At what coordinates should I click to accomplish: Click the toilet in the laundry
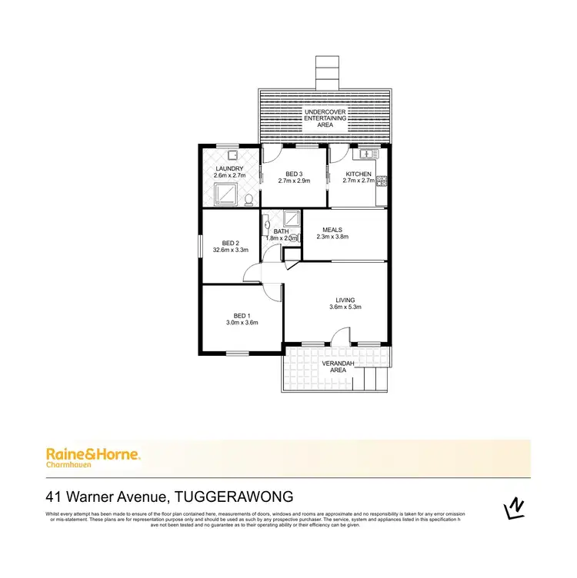point(248,201)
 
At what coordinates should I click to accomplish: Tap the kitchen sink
point(369,154)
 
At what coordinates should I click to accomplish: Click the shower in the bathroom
point(291,218)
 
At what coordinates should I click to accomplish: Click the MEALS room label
point(332,229)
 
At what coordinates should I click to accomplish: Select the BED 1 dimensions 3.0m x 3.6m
point(242,323)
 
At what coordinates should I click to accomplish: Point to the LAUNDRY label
point(229,169)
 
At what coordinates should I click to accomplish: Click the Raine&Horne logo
point(93,456)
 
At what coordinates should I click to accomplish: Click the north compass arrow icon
point(513,508)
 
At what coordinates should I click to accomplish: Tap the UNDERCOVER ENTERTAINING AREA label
point(325,118)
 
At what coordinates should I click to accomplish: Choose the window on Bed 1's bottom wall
point(238,353)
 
